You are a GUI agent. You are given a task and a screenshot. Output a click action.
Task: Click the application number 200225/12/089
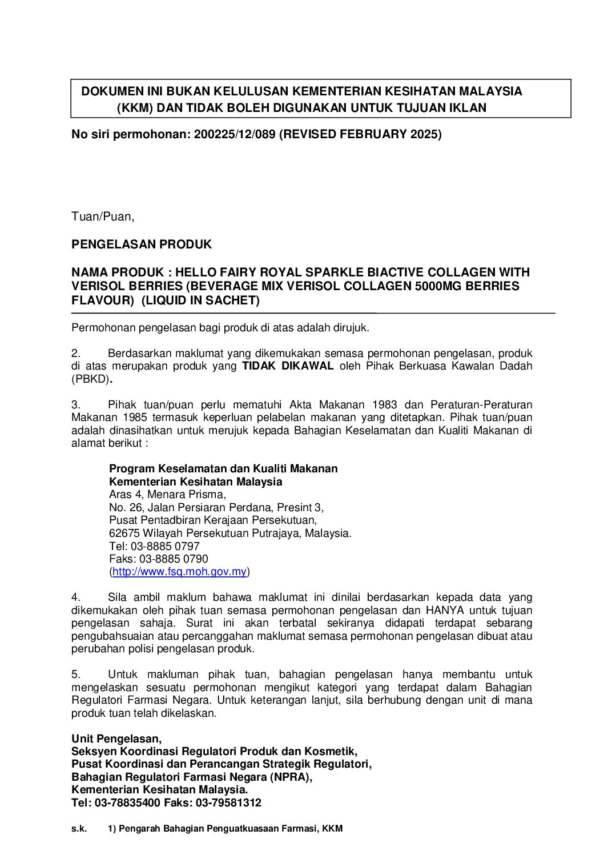tap(234, 135)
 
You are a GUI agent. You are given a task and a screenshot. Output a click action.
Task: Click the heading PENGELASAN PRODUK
tap(141, 244)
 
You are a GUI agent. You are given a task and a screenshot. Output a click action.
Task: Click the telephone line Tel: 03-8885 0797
tap(154, 546)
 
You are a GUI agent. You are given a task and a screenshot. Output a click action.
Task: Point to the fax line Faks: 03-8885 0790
tap(158, 559)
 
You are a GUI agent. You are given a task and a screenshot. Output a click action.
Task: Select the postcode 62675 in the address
tap(124, 533)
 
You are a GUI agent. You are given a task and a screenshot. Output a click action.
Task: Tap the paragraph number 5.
tap(76, 675)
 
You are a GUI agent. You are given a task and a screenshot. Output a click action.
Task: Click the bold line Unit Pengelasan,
tap(116, 738)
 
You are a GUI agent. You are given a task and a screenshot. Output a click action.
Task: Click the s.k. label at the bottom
tap(79, 828)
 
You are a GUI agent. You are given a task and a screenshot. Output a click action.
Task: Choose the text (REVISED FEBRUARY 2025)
tap(360, 135)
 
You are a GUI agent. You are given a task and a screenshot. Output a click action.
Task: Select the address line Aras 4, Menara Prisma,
tap(167, 494)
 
